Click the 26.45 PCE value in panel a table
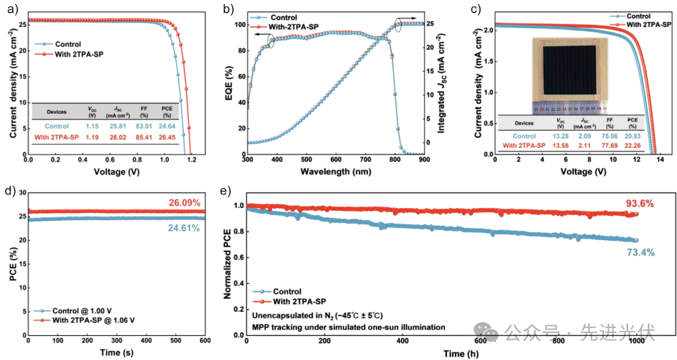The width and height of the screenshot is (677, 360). tap(167, 136)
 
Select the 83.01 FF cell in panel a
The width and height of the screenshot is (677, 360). tap(144, 125)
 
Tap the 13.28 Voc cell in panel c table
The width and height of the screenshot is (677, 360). tap(559, 135)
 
